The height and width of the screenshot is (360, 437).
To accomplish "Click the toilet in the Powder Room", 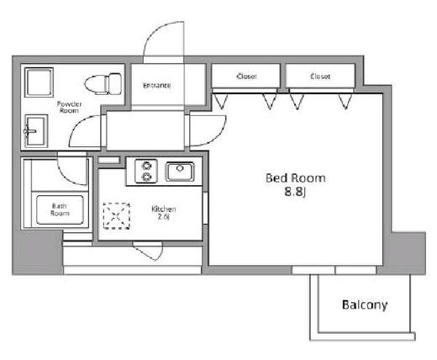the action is tap(103, 83).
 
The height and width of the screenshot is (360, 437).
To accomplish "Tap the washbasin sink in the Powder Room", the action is tap(36, 131).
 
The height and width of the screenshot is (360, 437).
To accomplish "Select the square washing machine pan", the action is tap(39, 82).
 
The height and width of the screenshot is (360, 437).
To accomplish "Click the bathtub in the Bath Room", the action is tap(60, 209).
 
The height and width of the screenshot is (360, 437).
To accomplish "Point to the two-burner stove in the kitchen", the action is tap(146, 171).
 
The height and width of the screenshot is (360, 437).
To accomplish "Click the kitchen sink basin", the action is tap(180, 172).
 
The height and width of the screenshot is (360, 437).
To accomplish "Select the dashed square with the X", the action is tap(116, 216).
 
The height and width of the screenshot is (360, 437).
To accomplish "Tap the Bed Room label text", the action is tap(296, 178).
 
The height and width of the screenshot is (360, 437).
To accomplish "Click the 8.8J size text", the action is tap(295, 193).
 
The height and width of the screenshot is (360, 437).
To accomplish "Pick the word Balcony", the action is tap(365, 304).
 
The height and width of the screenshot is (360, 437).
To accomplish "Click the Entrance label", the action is tap(157, 85).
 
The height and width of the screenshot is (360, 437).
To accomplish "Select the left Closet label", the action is tap(246, 77).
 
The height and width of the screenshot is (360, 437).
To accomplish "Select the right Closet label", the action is tap(320, 77).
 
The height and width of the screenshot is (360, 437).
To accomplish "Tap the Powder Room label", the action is tap(69, 107).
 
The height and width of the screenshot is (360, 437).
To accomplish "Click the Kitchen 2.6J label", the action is tap(164, 213).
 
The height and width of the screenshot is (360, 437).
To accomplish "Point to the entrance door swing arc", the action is tap(154, 32).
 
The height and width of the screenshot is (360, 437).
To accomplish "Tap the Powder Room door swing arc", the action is tap(77, 124).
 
